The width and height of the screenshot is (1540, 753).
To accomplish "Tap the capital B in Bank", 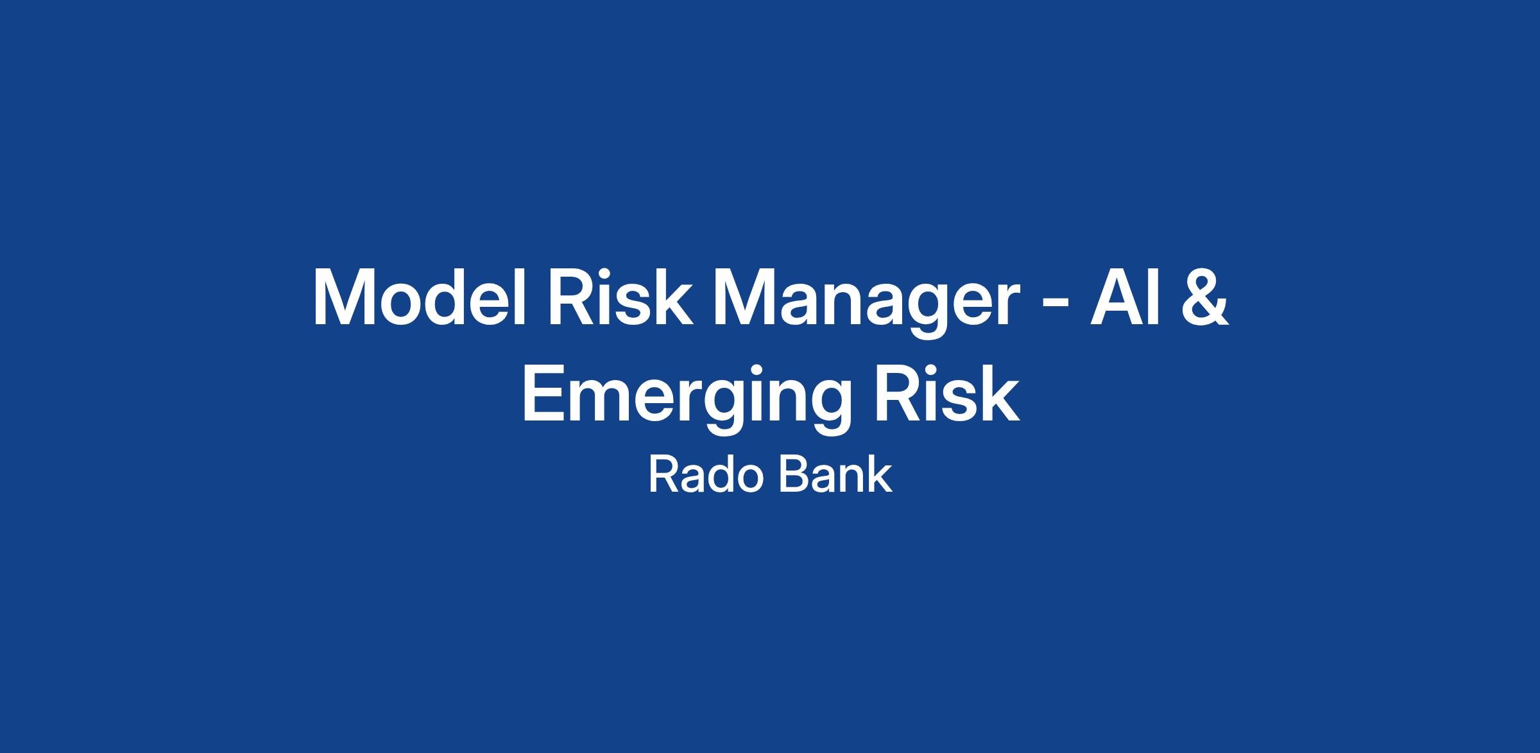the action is (x=792, y=476).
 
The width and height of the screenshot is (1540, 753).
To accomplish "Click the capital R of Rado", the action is (x=663, y=476).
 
